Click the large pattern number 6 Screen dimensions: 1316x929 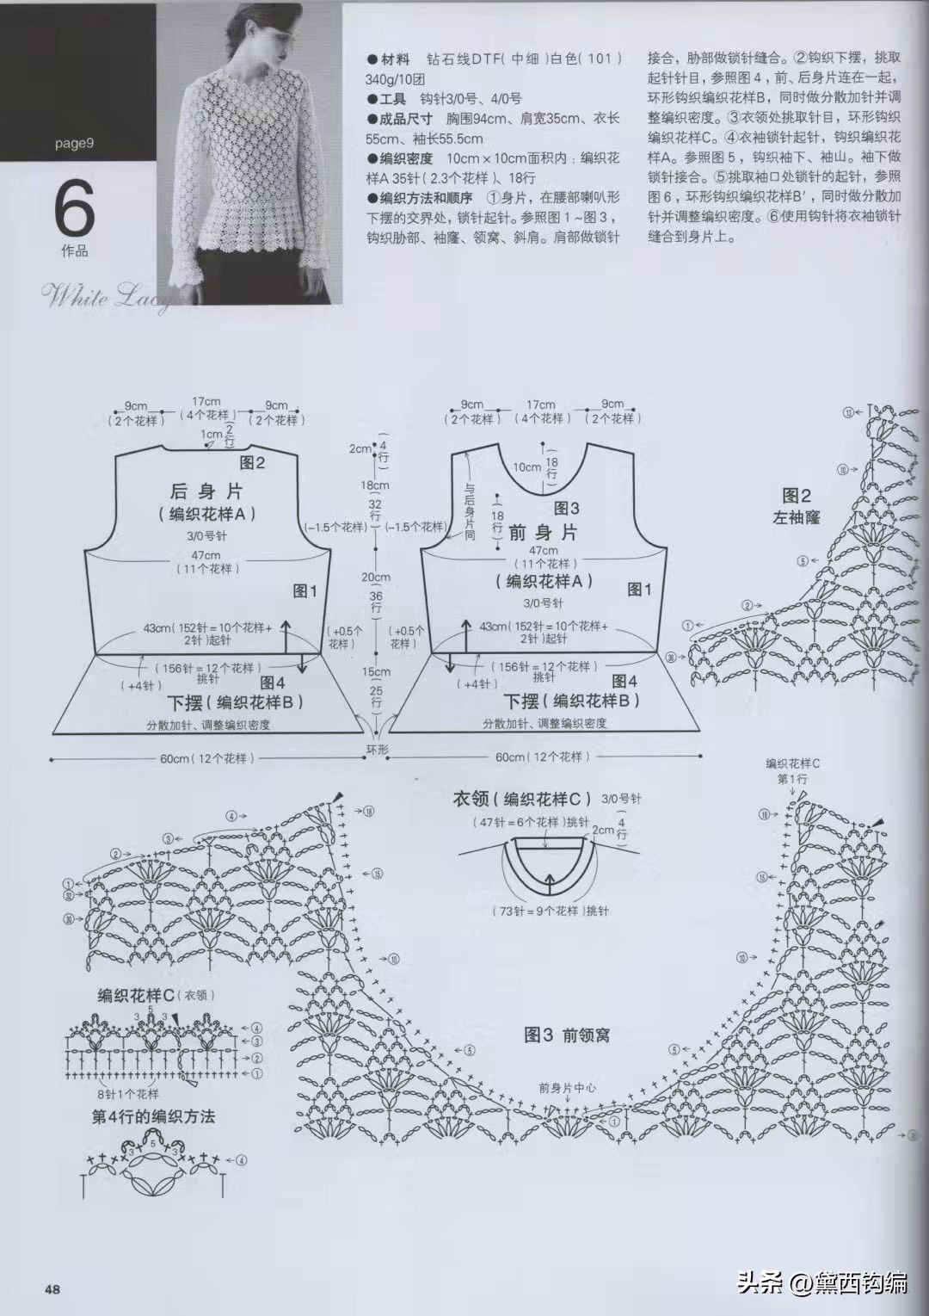point(74,209)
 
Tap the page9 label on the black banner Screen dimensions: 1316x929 point(74,144)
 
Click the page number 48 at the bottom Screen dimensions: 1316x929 point(52,1288)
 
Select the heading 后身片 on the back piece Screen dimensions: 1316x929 point(206,491)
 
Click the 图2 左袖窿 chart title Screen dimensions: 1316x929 point(797,505)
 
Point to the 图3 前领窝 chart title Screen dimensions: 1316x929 point(567,1035)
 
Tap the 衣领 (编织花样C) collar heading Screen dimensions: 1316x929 point(523,798)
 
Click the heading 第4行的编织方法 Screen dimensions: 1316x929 point(153,1116)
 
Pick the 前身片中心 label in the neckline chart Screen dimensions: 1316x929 point(568,1087)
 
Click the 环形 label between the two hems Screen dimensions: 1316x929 point(378,750)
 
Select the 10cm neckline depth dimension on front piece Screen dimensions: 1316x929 point(527,466)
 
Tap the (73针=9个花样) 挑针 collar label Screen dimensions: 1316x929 point(550,910)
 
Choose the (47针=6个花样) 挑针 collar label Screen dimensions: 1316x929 point(530,822)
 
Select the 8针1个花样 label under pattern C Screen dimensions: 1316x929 point(127,1095)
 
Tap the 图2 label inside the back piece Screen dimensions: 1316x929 point(252,463)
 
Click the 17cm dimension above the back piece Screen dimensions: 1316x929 point(206,402)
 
